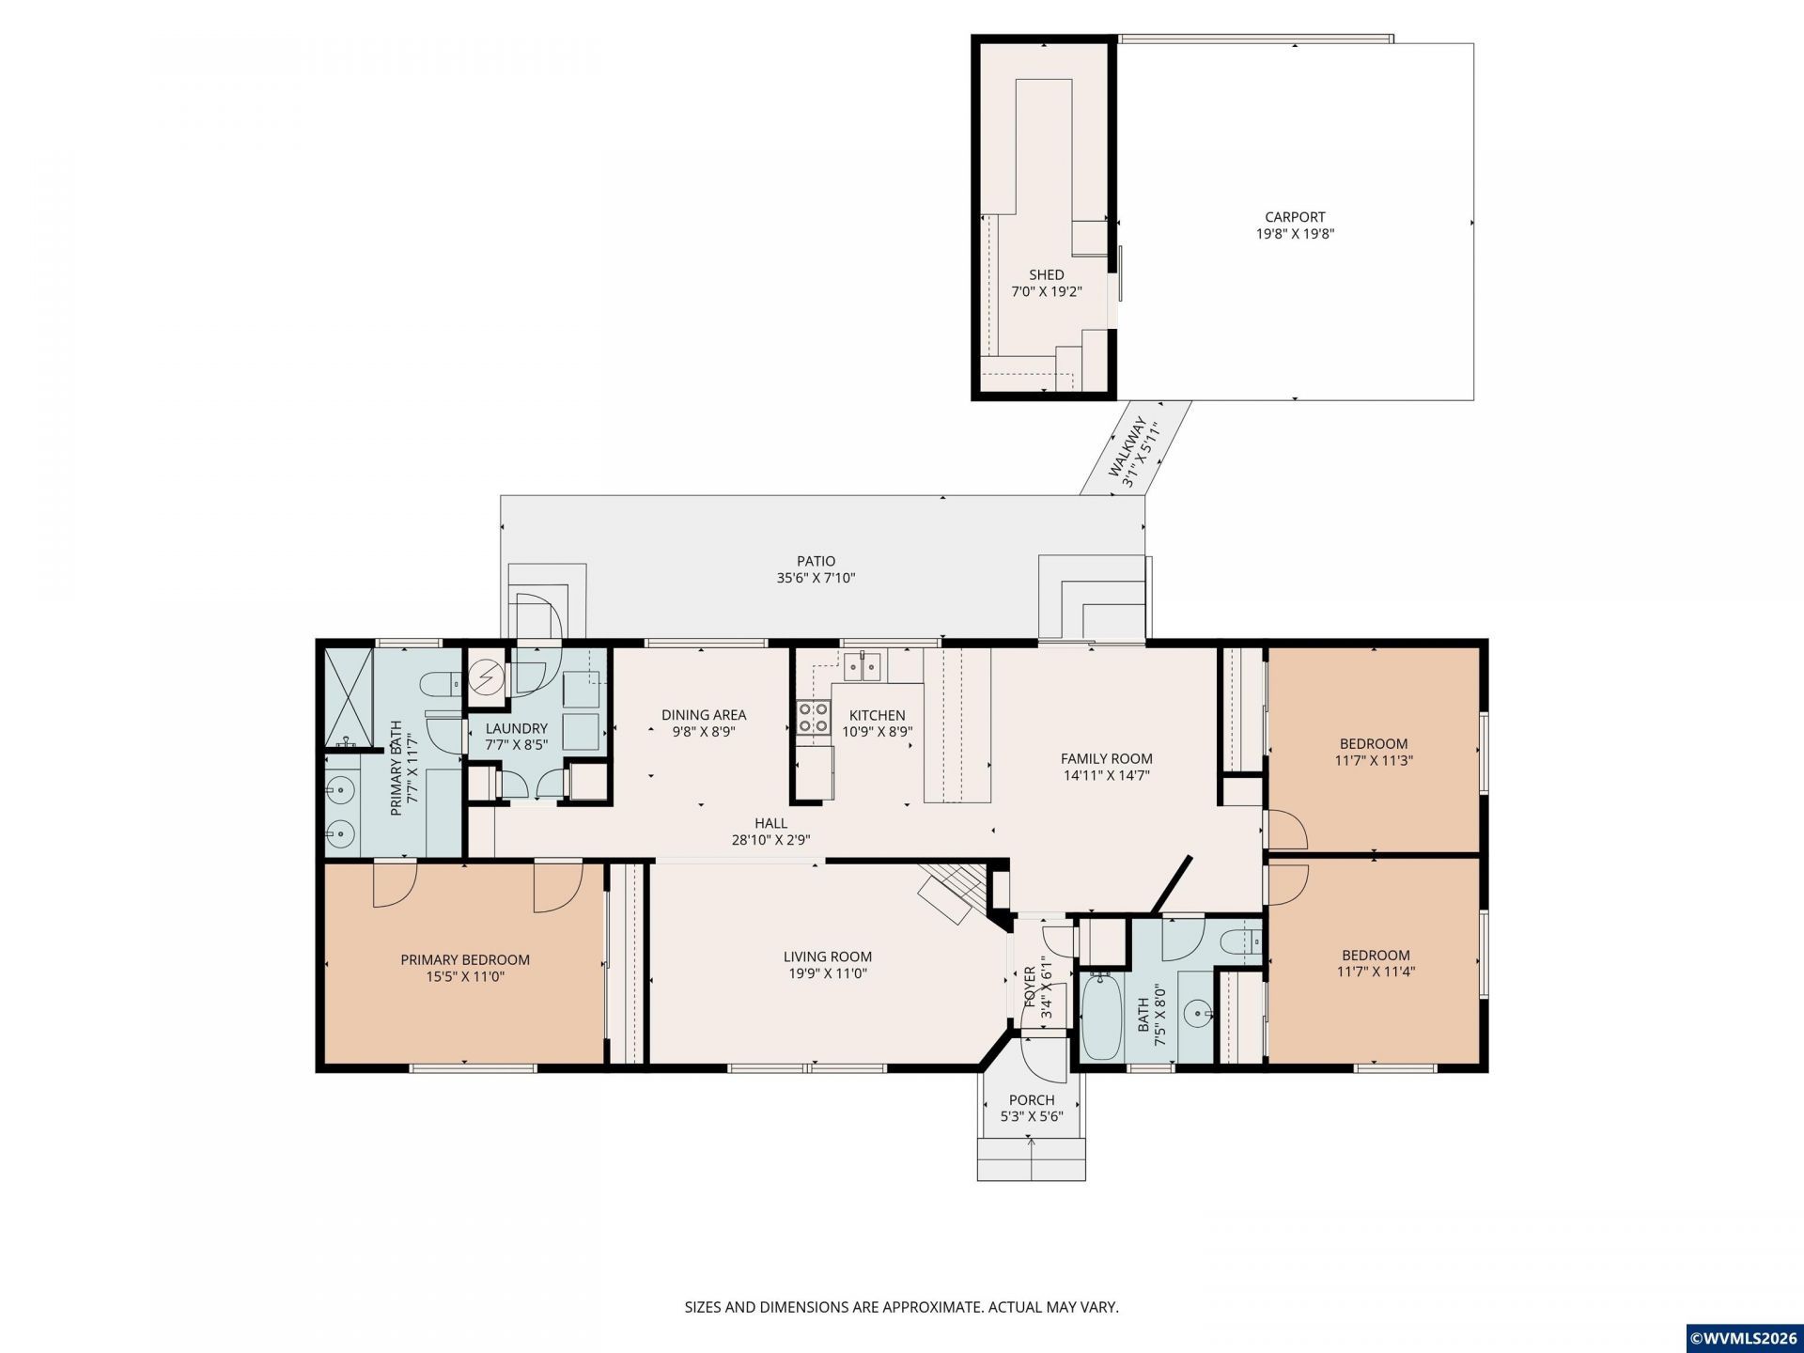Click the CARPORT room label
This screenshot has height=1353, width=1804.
coord(1295,217)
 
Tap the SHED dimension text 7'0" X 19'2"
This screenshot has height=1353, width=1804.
coord(1046,291)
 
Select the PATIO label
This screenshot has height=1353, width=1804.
coord(816,562)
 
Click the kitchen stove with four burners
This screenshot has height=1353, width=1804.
coord(814,718)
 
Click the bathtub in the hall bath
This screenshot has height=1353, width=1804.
coord(1101,1017)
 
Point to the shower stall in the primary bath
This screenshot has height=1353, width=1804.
coord(350,696)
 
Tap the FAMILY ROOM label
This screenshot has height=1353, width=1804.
coord(1106,759)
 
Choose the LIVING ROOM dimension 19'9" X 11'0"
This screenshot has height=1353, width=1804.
coord(828,973)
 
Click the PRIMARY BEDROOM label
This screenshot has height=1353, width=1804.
coord(465,960)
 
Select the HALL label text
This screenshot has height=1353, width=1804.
coord(770,824)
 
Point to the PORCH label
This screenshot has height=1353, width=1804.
coord(1032,1100)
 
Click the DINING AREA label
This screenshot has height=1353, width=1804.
coord(704,715)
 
